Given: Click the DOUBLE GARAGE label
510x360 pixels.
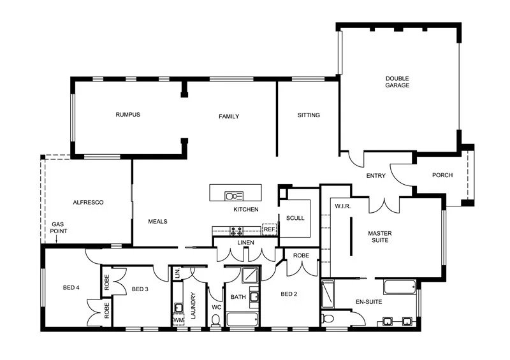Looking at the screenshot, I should point(397,82).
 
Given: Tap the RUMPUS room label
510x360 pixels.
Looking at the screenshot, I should point(127,115).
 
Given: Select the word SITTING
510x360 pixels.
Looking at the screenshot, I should point(309,115).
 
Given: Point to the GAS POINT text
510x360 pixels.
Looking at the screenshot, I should point(58,228).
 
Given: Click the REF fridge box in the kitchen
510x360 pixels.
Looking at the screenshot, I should point(269,229).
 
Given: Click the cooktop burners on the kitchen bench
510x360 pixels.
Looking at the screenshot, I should point(236,230).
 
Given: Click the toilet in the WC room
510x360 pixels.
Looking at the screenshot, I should point(216,319).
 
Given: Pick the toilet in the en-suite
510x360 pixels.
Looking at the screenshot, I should point(328,318).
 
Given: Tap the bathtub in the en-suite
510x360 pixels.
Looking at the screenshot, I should point(396,288).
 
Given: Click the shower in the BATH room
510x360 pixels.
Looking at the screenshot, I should point(250,275).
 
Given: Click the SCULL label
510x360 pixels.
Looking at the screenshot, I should point(295,218).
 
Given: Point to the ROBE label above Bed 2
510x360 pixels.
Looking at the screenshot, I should point(301,256).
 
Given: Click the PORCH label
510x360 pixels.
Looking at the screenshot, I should point(442,175).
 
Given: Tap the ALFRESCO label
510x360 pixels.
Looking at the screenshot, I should point(88,202).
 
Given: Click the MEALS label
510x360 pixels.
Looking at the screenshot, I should point(157,222).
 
